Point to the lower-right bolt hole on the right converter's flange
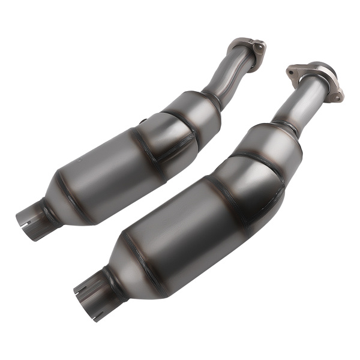tap(337, 95)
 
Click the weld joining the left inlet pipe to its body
tap(211, 98)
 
